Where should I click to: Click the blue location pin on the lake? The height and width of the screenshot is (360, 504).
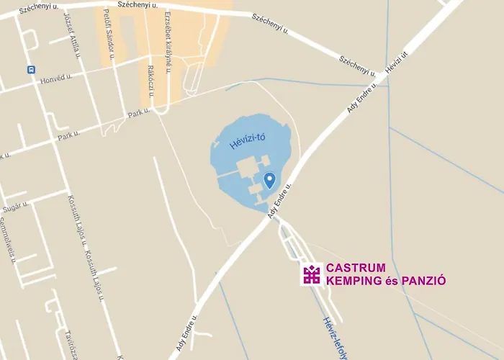(x=270, y=180)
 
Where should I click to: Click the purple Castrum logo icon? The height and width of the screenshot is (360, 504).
(x=312, y=274)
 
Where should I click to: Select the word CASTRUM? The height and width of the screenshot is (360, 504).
(x=351, y=267)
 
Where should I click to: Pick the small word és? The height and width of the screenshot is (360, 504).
(x=391, y=280)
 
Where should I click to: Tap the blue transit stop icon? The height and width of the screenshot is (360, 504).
(x=31, y=70)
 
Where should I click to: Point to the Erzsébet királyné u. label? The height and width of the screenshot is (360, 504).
(x=168, y=40)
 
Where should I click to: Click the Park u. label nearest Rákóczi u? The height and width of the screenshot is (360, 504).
(x=138, y=113)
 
